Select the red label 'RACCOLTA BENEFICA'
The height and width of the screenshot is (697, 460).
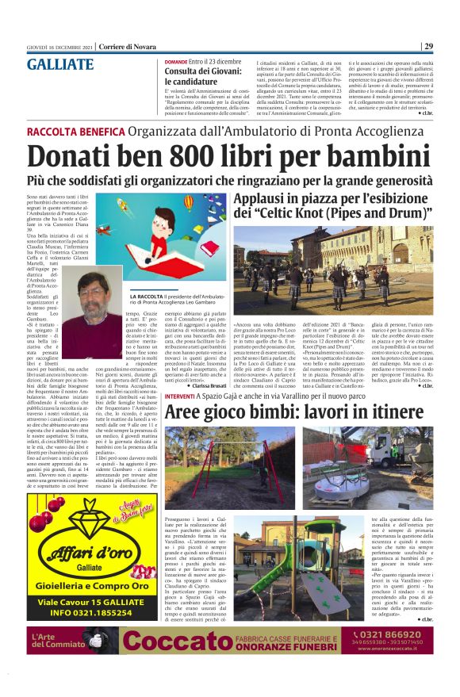(74, 132)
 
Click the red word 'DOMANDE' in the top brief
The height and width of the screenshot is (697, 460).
(176, 61)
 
